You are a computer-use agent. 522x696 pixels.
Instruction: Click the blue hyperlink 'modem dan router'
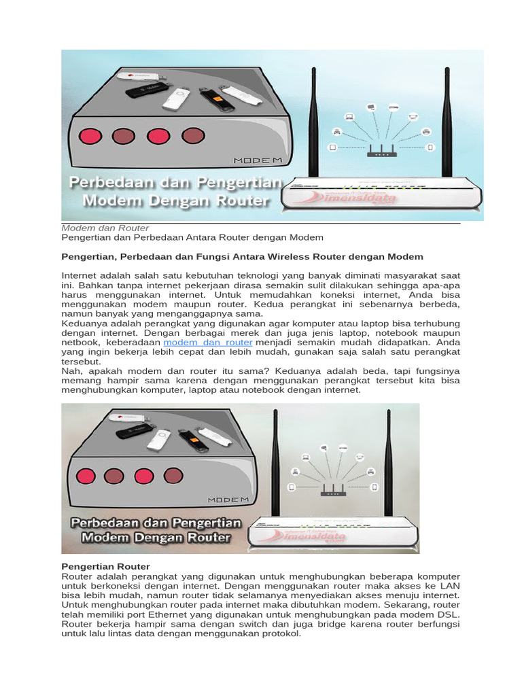point(208,343)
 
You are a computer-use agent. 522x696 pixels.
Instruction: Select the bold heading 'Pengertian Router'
point(105,566)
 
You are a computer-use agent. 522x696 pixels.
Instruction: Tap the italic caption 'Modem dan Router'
point(105,228)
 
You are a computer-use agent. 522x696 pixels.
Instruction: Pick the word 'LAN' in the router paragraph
point(449,585)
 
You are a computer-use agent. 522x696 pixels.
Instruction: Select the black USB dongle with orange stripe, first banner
point(217,99)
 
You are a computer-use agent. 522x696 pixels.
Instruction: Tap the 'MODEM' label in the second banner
point(224,500)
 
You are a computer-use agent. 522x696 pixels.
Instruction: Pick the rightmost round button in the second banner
point(174,476)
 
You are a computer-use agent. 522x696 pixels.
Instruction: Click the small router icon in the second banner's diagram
point(332,492)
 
